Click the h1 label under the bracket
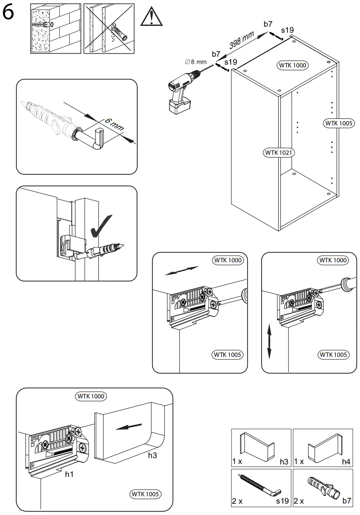pyautogui.click(x=69, y=474)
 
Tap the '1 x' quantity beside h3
pyautogui.click(x=238, y=462)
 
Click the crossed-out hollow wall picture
pyautogui.click(x=109, y=28)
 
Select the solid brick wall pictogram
pyautogui.click(x=55, y=28)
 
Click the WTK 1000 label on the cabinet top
pyautogui.click(x=293, y=65)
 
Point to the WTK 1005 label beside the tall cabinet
pyautogui.click(x=339, y=123)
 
